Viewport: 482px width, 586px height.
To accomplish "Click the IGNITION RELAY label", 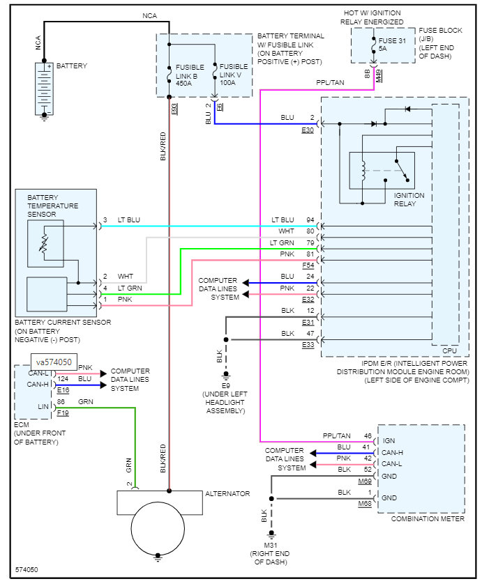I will coord(409,200).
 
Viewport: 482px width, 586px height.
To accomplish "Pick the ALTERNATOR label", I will coord(227,493).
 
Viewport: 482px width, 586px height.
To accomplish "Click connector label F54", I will coord(308,265).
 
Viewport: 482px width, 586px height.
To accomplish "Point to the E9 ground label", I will coord(226,385).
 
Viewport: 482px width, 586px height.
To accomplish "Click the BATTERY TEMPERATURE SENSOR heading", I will coord(53,206).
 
